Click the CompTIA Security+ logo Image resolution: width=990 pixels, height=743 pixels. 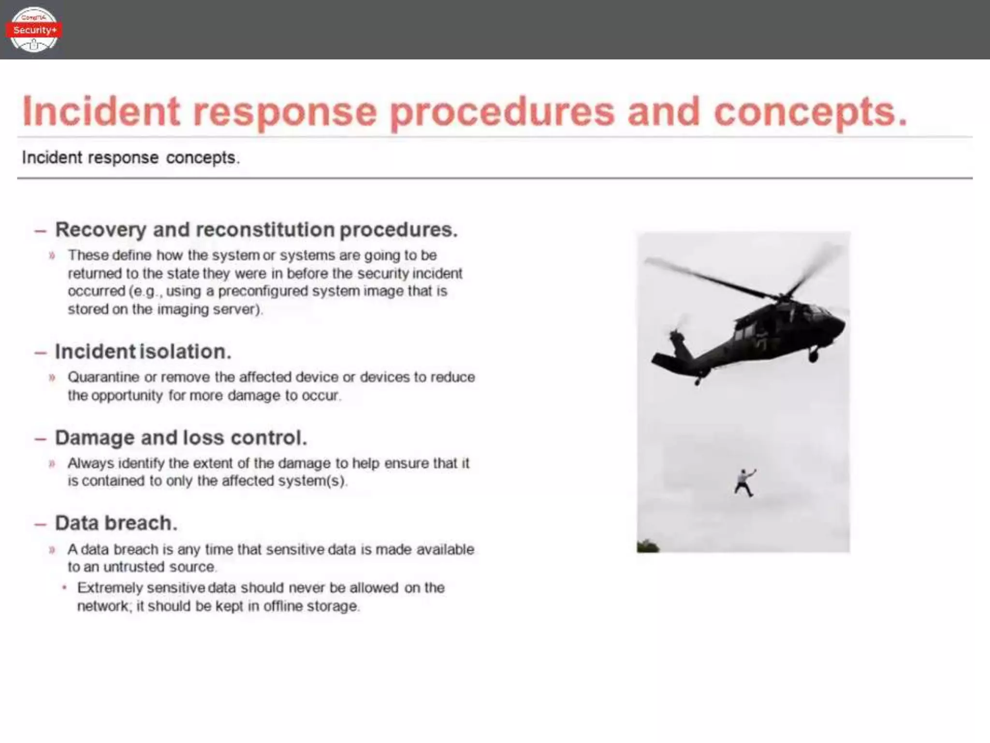33,30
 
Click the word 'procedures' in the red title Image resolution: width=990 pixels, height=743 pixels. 502,112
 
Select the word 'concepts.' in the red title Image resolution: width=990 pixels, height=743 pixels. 810,112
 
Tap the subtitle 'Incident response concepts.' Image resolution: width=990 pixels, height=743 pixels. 131,158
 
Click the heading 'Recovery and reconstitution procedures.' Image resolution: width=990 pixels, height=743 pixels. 256,230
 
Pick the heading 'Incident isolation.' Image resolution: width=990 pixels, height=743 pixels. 143,352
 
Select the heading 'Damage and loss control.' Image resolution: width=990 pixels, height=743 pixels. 181,438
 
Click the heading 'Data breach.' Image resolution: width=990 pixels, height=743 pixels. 116,523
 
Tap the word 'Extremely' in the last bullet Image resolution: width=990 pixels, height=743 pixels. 110,588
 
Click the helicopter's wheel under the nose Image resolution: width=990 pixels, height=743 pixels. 813,357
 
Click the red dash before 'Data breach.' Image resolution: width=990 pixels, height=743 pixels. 40,524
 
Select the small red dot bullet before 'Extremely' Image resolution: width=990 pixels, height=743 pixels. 64,588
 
